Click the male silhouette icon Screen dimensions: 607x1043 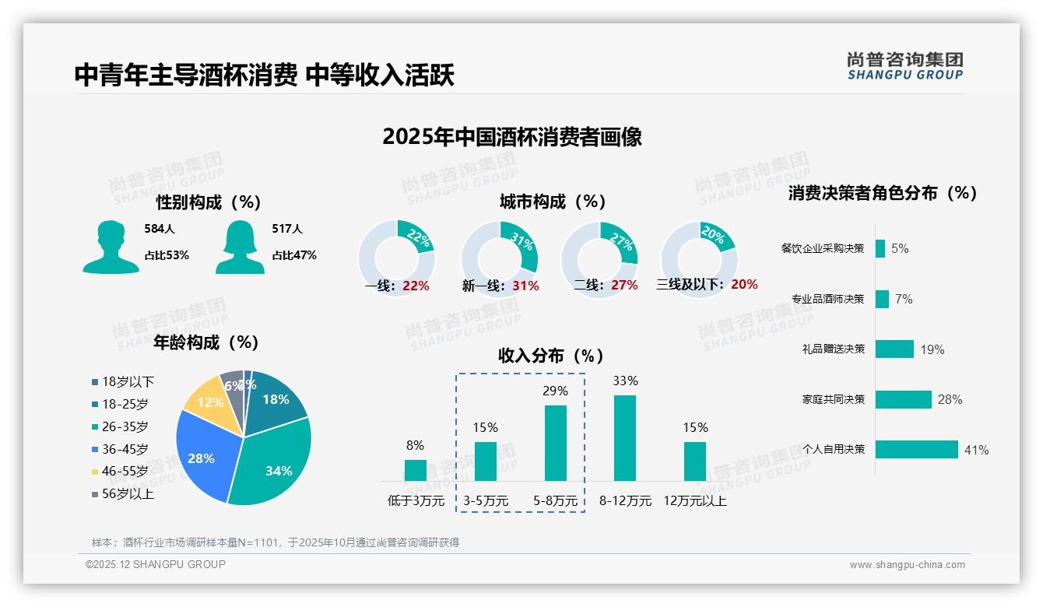[x=111, y=247]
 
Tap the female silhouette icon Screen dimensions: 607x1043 [x=240, y=247]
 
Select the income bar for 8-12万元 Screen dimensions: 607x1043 [x=625, y=438]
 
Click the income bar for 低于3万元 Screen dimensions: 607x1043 [x=416, y=470]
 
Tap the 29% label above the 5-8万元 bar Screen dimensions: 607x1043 [x=555, y=391]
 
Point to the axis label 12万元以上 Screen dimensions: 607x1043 [x=695, y=501]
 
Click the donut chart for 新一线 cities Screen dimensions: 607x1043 [x=500, y=258]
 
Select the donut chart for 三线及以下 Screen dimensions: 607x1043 [x=698, y=258]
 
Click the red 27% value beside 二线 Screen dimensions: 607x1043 [x=624, y=285]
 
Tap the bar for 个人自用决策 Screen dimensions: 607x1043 [x=916, y=450]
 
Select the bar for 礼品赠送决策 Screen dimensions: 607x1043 [x=894, y=349]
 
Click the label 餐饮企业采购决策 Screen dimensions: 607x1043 [x=823, y=249]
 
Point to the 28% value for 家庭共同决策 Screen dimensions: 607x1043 [x=950, y=399]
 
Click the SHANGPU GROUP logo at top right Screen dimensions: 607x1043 [x=905, y=66]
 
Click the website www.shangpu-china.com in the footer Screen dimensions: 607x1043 [x=907, y=565]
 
